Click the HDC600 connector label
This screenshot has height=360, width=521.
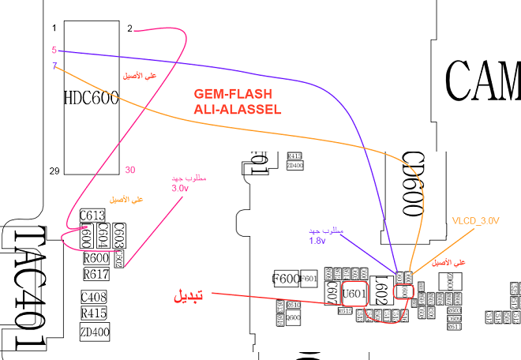(x=90, y=99)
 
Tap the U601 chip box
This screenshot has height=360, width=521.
(x=355, y=294)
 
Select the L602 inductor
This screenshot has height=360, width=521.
(x=380, y=291)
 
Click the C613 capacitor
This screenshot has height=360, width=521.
(x=92, y=216)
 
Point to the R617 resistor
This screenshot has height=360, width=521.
(x=96, y=274)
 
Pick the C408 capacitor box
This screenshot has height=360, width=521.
(x=92, y=298)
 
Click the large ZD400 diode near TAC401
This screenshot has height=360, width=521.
(x=94, y=332)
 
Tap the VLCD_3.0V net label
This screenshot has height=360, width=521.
(x=476, y=221)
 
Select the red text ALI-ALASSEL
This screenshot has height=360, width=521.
(x=238, y=111)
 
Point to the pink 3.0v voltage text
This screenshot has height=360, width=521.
(x=180, y=189)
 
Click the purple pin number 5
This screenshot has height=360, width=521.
(x=54, y=50)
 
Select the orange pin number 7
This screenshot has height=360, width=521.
(x=54, y=66)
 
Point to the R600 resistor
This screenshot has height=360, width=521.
(x=96, y=258)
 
